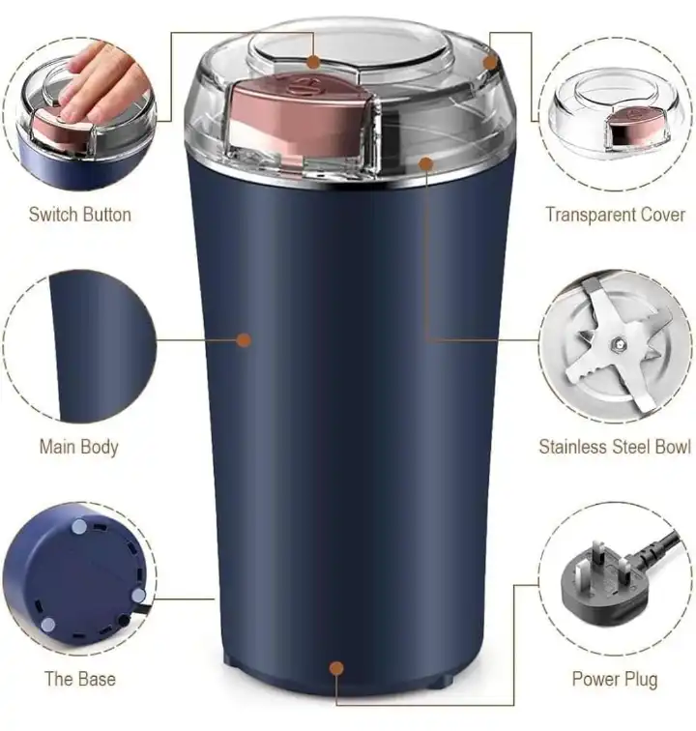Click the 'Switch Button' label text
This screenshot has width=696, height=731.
coord(79,215)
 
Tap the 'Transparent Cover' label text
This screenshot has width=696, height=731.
coord(615,215)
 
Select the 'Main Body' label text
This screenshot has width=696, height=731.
coord(78,447)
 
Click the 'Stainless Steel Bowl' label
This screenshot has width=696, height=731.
coord(614,447)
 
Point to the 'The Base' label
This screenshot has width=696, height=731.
coord(79,679)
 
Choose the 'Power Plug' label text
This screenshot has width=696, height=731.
coord(614,679)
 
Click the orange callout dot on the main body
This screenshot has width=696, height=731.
coord(244,340)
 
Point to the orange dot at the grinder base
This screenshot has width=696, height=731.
coord(336,667)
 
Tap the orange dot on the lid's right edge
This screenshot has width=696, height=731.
coord(490,63)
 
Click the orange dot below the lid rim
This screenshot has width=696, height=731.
coord(426,163)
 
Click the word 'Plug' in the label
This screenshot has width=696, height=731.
coord(638,679)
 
